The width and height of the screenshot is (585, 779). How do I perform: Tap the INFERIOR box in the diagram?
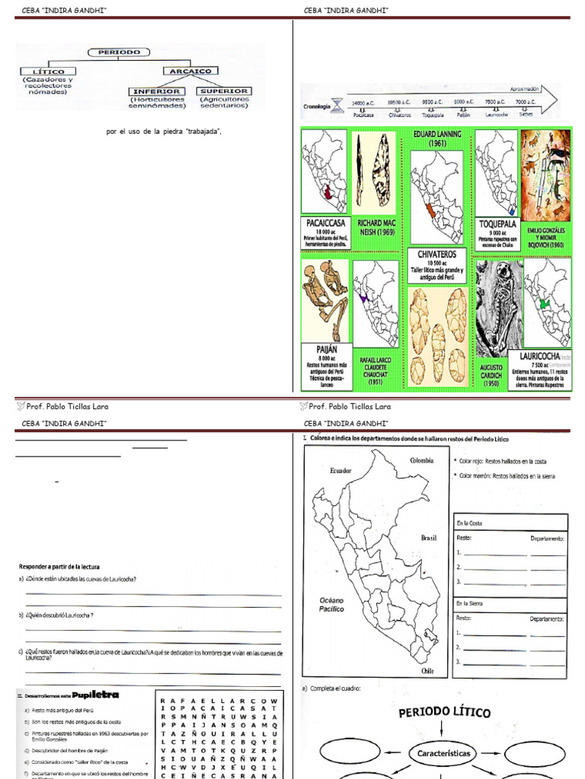tap(155, 91)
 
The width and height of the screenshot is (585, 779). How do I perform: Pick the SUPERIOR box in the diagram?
tap(224, 91)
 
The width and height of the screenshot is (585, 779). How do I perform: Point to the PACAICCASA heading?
tap(325, 224)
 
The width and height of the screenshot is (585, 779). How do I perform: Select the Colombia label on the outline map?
tap(422, 460)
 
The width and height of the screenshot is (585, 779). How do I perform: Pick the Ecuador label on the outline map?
tap(341, 471)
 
